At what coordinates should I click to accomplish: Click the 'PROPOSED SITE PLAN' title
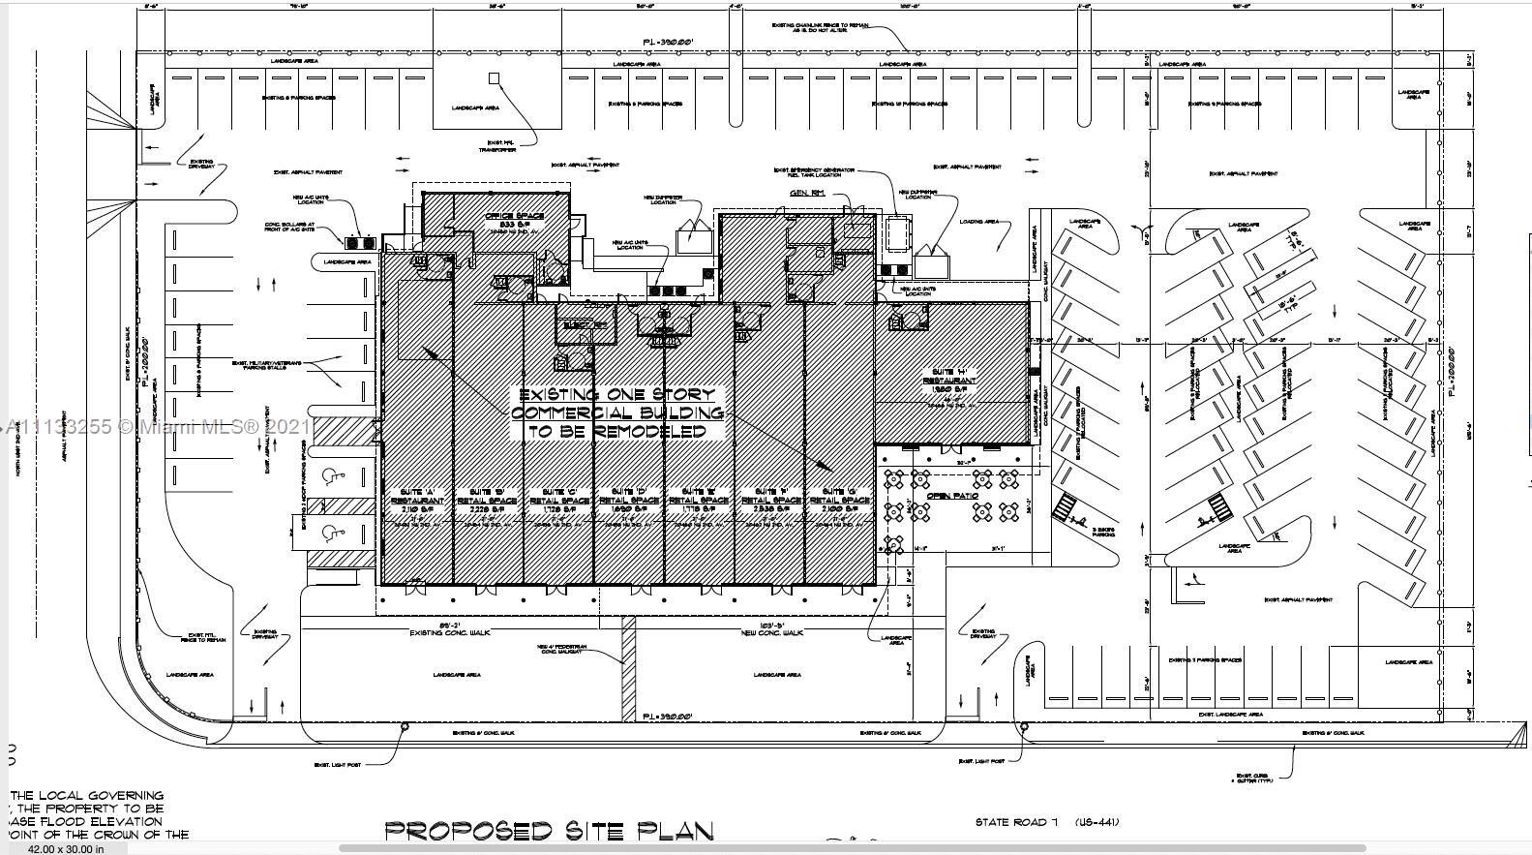click(x=550, y=831)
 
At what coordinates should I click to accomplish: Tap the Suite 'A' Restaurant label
click(x=423, y=497)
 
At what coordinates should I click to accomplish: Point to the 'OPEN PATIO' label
click(x=952, y=496)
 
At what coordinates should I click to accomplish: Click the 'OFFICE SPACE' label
click(x=514, y=216)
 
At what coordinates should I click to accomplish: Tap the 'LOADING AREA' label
click(x=978, y=222)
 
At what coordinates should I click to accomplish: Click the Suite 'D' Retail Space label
click(x=630, y=497)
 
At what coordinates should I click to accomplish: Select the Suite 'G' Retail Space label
click(x=838, y=497)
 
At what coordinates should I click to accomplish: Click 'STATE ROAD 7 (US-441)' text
click(x=1046, y=822)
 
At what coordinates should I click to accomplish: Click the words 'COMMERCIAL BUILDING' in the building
click(x=616, y=413)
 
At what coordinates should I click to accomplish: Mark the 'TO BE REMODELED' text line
click(x=616, y=432)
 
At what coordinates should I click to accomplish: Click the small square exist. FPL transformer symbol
click(x=494, y=77)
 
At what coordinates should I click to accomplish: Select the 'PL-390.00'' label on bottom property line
click(x=668, y=717)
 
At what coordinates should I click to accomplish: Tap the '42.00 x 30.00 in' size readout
click(x=65, y=849)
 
